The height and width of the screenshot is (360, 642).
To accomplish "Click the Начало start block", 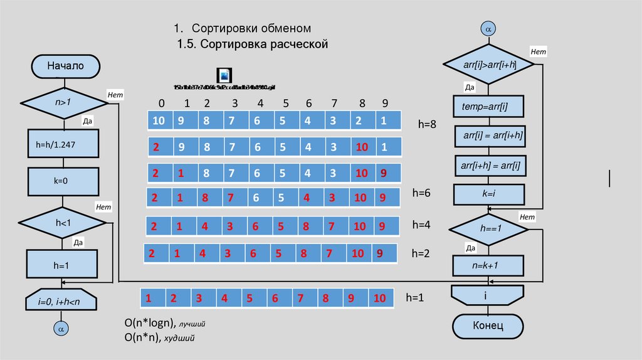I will (65, 65).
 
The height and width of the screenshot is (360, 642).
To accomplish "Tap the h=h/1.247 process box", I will (63, 144).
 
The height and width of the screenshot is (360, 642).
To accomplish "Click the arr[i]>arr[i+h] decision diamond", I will (488, 65).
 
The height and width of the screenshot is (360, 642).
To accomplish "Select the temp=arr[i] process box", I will (488, 107).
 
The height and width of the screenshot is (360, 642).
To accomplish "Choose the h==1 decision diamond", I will (488, 230).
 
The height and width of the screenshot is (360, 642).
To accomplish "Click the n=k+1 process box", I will (488, 266).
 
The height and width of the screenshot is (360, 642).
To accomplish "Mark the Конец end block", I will (488, 325).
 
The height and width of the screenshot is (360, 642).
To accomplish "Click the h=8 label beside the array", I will (427, 124).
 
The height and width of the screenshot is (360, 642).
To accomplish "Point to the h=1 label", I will (415, 298).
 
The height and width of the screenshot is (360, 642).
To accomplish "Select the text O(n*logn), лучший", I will (165, 324).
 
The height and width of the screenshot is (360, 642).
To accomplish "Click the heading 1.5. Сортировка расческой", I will (253, 45).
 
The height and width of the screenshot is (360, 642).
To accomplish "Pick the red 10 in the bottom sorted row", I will (379, 299).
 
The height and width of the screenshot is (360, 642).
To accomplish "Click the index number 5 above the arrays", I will (285, 103).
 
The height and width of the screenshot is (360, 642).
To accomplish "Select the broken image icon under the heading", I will (224, 75).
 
